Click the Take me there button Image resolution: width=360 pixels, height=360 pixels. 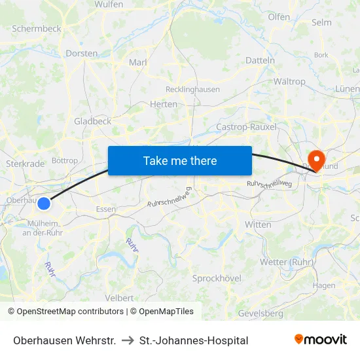tap(180, 160)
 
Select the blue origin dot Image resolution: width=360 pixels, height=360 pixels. tap(44, 204)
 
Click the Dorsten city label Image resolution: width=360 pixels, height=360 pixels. tap(82, 53)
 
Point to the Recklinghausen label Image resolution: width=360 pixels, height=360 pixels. tap(193, 89)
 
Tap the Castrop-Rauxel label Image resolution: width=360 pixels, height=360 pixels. tap(246, 126)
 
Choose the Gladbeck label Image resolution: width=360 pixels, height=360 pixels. tap(92, 121)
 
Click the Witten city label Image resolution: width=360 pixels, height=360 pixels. tap(258, 225)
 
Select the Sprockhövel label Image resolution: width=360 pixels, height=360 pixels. tap(217, 278)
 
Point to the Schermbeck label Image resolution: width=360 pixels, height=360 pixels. tap(37, 29)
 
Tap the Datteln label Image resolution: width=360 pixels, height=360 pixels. tap(260, 60)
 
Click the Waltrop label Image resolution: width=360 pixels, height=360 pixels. tap(289, 82)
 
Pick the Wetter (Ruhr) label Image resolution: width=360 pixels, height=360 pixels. tap(283, 262)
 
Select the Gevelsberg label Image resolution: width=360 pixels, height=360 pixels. tap(261, 313)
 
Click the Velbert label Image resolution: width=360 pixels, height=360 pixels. tap(119, 298)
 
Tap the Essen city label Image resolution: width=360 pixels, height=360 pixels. tap(106, 209)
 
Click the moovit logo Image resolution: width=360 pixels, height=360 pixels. tap(321, 339)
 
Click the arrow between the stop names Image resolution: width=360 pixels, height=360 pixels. tap(128, 340)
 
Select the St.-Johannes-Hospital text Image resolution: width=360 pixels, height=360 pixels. tap(194, 340)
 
